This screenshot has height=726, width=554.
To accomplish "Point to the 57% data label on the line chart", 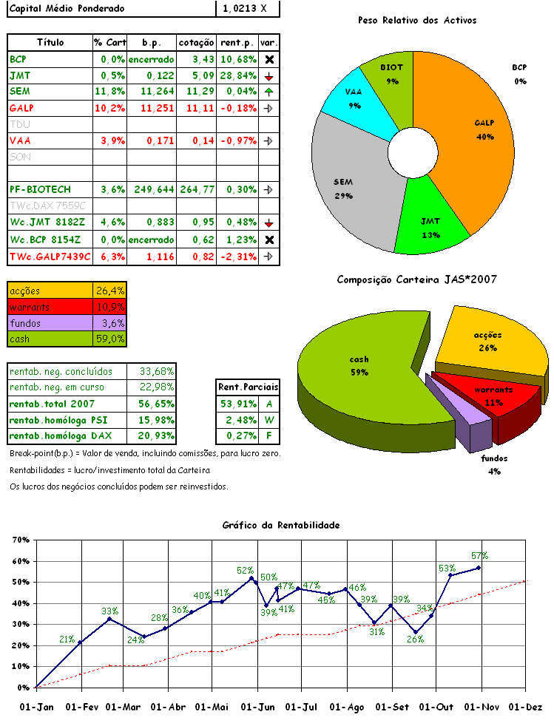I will click(479, 556).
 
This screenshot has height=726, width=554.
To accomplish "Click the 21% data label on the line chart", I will click(67, 640).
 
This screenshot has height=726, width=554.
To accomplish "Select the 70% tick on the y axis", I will click(21, 540).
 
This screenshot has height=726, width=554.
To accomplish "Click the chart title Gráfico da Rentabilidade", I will click(280, 525).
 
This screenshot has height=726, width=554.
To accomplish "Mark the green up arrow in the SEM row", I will click(268, 92).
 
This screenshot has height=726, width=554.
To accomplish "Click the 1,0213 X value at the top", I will click(249, 9).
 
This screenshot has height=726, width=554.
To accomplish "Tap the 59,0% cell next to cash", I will click(110, 339).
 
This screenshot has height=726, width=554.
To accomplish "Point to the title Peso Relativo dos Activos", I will click(416, 21).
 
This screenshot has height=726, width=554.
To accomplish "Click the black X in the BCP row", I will click(269, 59).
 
